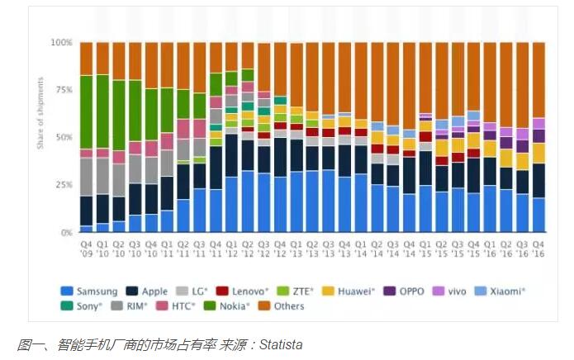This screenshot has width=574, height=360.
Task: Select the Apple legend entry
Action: (149, 291)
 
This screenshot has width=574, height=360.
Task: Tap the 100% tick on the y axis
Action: (63, 42)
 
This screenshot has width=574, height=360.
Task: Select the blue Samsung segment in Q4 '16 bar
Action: (538, 216)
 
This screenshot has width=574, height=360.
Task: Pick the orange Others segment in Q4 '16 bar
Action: (538, 79)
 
